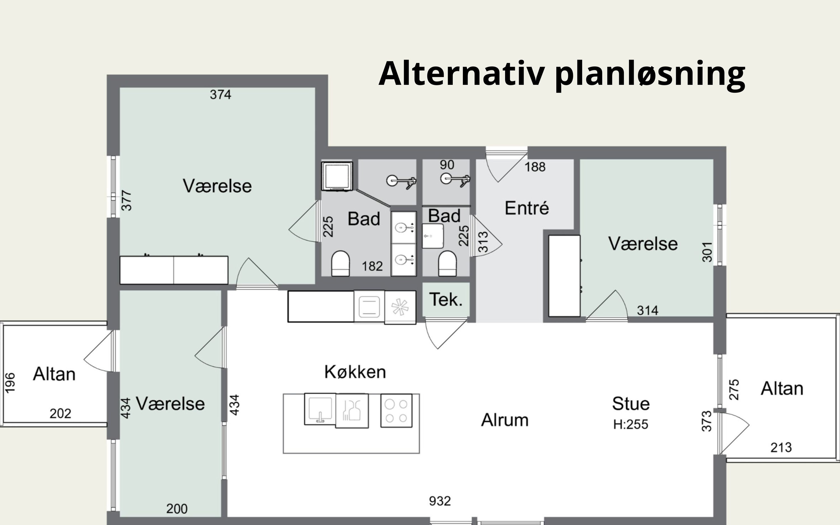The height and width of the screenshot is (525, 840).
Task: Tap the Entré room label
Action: click(527, 208)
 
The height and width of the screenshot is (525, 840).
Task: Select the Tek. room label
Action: click(446, 299)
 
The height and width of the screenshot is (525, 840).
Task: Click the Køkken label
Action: click(355, 372)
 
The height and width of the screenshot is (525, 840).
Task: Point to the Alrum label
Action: click(505, 420)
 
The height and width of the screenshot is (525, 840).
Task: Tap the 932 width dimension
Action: click(440, 501)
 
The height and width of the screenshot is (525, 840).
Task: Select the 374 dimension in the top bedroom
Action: click(220, 94)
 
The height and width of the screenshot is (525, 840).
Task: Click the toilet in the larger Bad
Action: click(340, 263)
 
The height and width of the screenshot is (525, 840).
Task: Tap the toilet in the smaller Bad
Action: click(447, 263)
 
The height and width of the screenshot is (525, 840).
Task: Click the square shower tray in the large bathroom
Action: click(337, 176)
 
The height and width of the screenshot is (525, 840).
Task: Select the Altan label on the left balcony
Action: click(54, 374)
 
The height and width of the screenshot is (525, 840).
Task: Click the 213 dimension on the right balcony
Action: click(781, 447)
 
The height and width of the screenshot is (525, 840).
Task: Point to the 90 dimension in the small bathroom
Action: click(447, 165)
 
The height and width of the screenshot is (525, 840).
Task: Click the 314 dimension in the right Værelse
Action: click(647, 310)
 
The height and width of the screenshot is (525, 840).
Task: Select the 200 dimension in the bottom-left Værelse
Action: click(177, 509)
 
